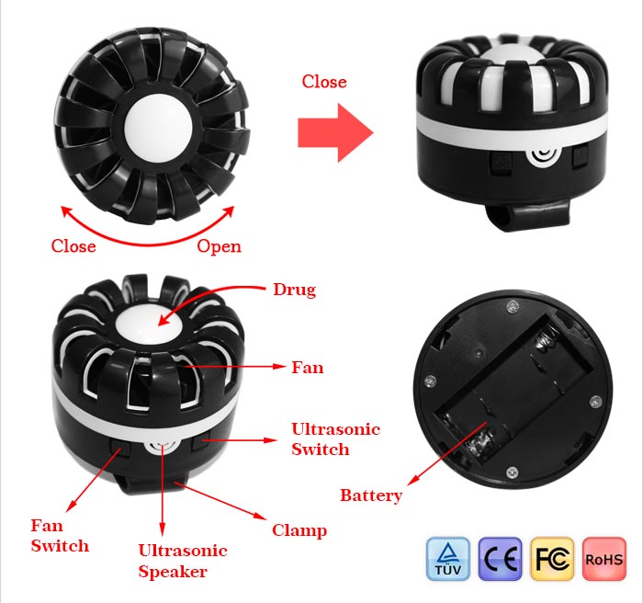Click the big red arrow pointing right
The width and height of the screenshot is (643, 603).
coord(335,132)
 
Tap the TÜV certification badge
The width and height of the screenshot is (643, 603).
coord(448,559)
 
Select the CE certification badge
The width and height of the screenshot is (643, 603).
coord(501,559)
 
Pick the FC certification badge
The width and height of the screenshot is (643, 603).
coord(552,559)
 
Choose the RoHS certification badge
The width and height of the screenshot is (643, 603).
coord(604,559)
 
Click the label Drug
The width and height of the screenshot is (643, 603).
coord(295,290)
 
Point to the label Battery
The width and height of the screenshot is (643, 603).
coord(371,495)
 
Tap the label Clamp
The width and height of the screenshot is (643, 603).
coord(299,530)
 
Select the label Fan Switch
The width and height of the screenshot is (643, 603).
coord(60,536)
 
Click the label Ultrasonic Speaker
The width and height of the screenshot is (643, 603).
coord(183,561)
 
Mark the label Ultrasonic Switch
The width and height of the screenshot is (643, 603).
coord(336,438)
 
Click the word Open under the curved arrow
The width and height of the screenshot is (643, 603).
coord(219,246)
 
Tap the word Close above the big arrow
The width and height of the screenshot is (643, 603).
coord(324,81)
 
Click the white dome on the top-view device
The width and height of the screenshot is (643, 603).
coord(158,124)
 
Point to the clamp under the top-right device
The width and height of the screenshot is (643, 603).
coord(528,214)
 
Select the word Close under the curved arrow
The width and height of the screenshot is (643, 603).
coord(73,246)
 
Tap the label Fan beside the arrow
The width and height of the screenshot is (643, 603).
coord(307,368)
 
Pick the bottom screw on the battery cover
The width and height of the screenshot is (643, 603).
coord(512,472)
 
